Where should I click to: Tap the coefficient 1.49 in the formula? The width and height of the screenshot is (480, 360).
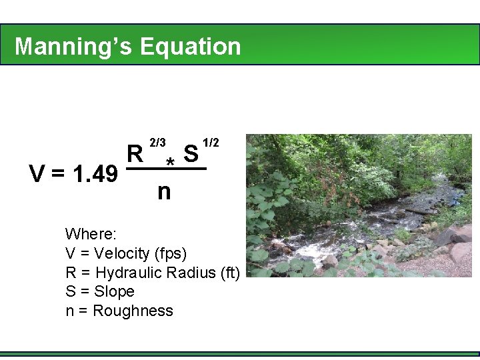click(96, 175)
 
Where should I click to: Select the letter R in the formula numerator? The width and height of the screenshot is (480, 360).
click(135, 155)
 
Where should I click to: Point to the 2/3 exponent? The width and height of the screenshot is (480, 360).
click(158, 143)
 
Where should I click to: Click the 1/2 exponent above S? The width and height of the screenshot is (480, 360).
click(211, 143)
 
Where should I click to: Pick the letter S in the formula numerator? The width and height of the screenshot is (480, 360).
click(191, 155)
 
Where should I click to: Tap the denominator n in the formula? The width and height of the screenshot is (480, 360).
click(164, 192)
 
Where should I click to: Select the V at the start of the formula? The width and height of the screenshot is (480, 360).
click(38, 175)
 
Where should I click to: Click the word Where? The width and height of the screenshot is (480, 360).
click(91, 234)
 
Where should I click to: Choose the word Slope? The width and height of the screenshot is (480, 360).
click(115, 291)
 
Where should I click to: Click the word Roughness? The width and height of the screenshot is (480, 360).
click(133, 311)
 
